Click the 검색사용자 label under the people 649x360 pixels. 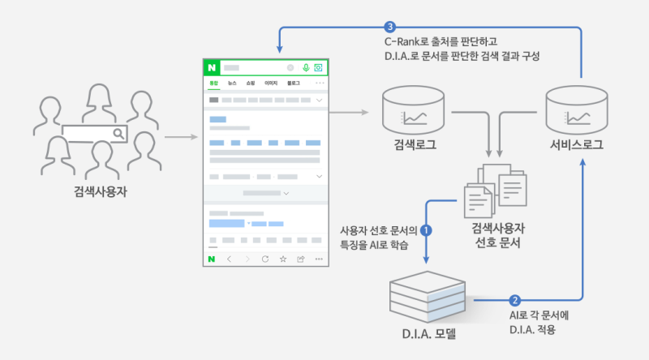coord(100,193)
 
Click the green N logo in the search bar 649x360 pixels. coord(213,68)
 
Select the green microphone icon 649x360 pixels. coord(306,68)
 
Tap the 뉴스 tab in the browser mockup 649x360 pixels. coord(232,84)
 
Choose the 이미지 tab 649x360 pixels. coord(271,84)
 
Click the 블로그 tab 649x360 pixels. coord(293,84)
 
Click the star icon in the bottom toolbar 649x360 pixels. coord(282,259)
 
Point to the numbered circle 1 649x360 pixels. coord(427,229)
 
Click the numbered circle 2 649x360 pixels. coord(514,299)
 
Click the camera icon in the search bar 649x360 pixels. coord(319,68)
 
